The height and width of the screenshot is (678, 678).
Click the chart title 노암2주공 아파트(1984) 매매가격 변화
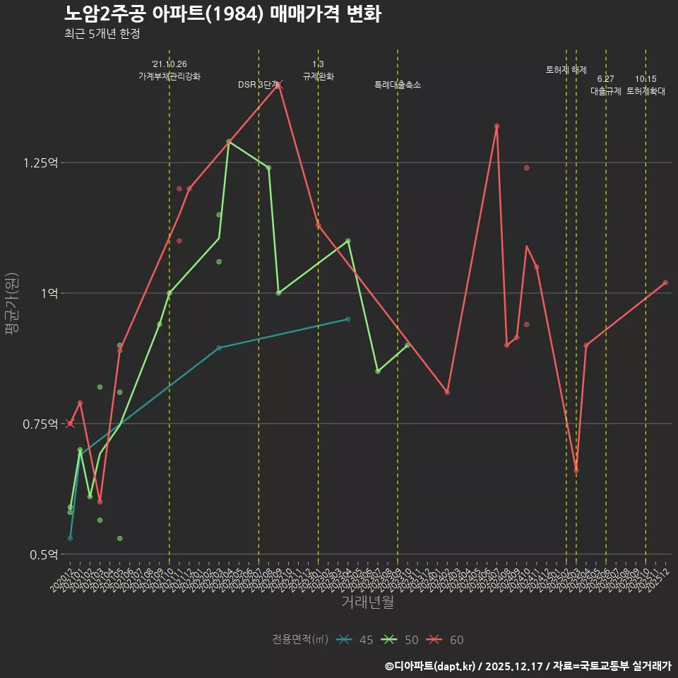[222, 14]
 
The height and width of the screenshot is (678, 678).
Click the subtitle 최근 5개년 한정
[102, 33]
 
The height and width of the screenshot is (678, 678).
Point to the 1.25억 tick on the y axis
[41, 162]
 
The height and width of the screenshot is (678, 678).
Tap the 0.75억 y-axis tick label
[41, 424]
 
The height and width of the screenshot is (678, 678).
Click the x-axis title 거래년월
[367, 602]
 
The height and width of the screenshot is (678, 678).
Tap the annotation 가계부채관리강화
[169, 76]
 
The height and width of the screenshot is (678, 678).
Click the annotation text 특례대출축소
[398, 85]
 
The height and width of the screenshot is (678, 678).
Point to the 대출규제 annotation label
[606, 91]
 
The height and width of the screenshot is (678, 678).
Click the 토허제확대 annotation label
[646, 91]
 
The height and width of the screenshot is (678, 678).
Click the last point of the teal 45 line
[348, 319]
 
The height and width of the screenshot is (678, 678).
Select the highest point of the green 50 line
[229, 142]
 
